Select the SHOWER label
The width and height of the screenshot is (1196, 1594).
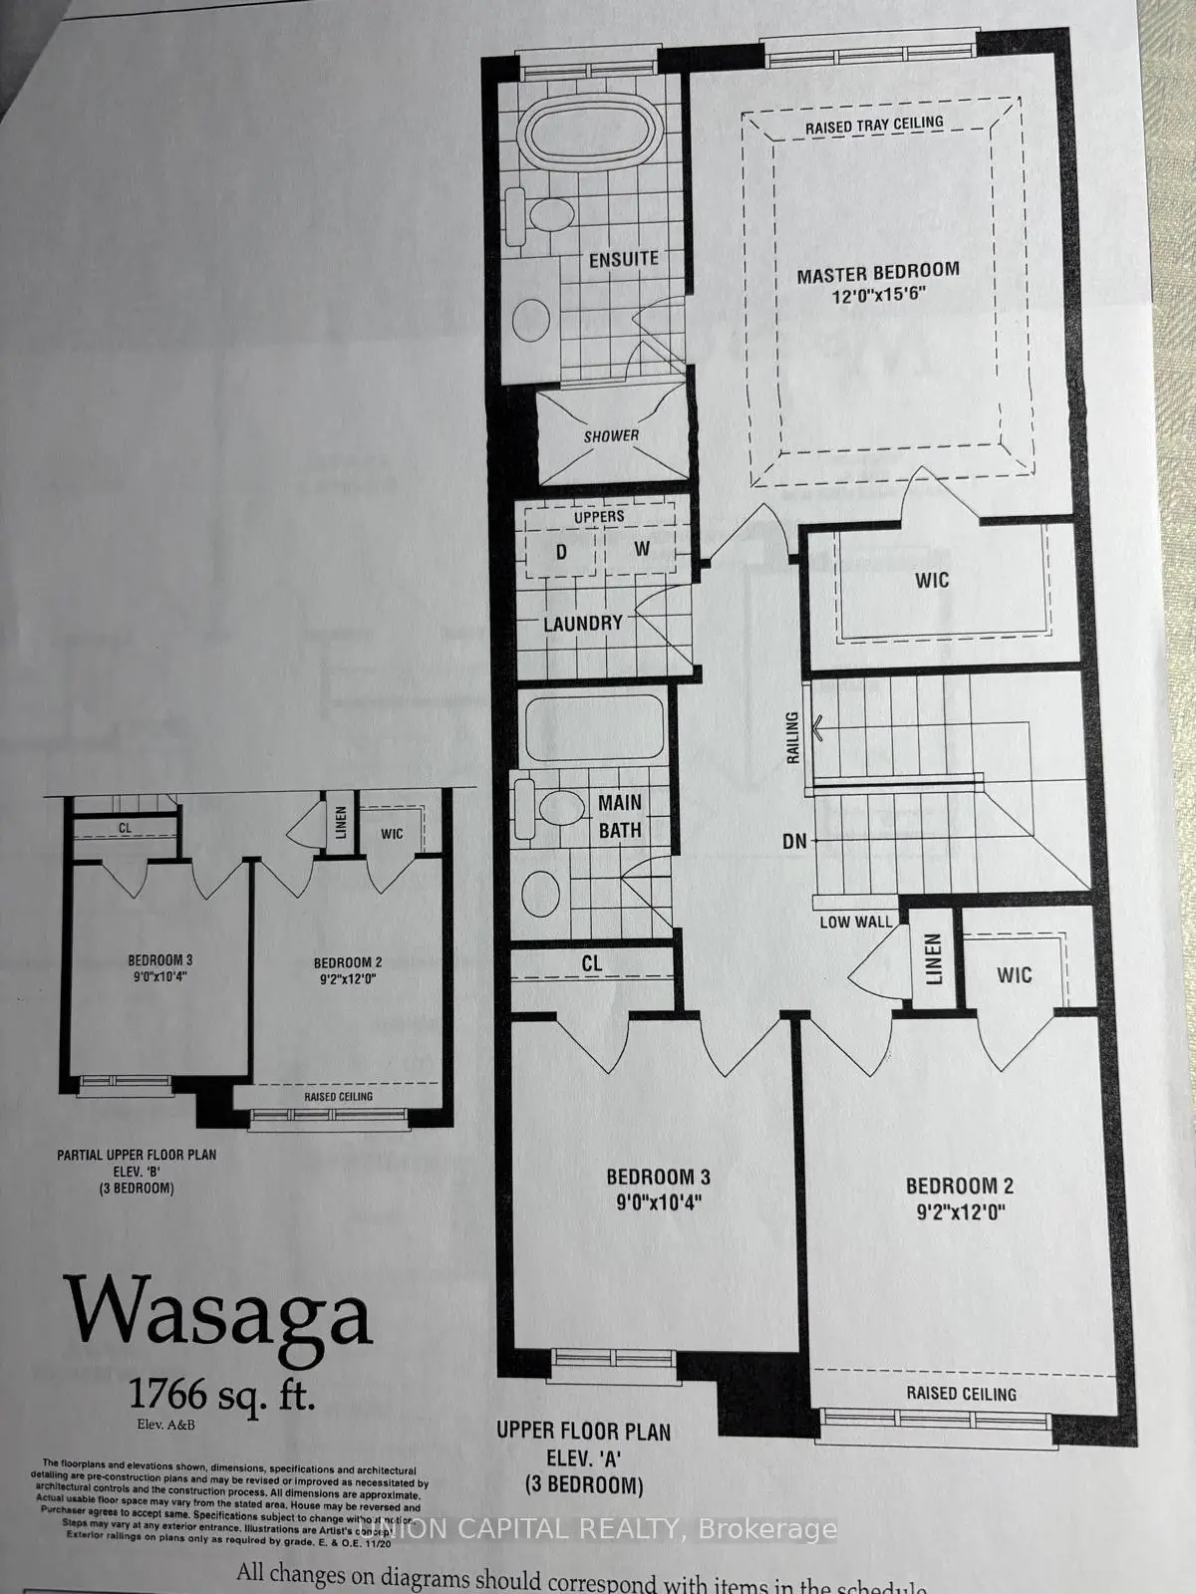coord(611,435)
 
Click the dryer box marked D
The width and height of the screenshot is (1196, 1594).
coord(561,551)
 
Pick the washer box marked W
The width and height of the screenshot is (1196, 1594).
coord(642,549)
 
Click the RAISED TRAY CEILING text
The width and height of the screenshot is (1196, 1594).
coord(874,124)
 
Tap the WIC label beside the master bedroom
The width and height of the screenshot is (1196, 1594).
coord(931,580)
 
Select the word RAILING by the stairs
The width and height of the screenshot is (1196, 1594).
coord(793,737)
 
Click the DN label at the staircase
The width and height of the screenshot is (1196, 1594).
coord(794,841)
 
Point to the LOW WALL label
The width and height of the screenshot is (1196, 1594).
coord(855,922)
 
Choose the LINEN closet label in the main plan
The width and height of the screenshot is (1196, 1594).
coord(933,958)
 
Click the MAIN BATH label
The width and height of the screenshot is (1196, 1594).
coord(619,816)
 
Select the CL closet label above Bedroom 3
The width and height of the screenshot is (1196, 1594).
coord(592,963)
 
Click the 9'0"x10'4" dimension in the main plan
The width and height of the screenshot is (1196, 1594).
coord(659,1201)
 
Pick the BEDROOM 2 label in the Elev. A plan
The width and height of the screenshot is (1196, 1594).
coord(959,1186)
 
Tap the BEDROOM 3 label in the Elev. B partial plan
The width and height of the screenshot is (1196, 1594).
coord(159,960)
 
